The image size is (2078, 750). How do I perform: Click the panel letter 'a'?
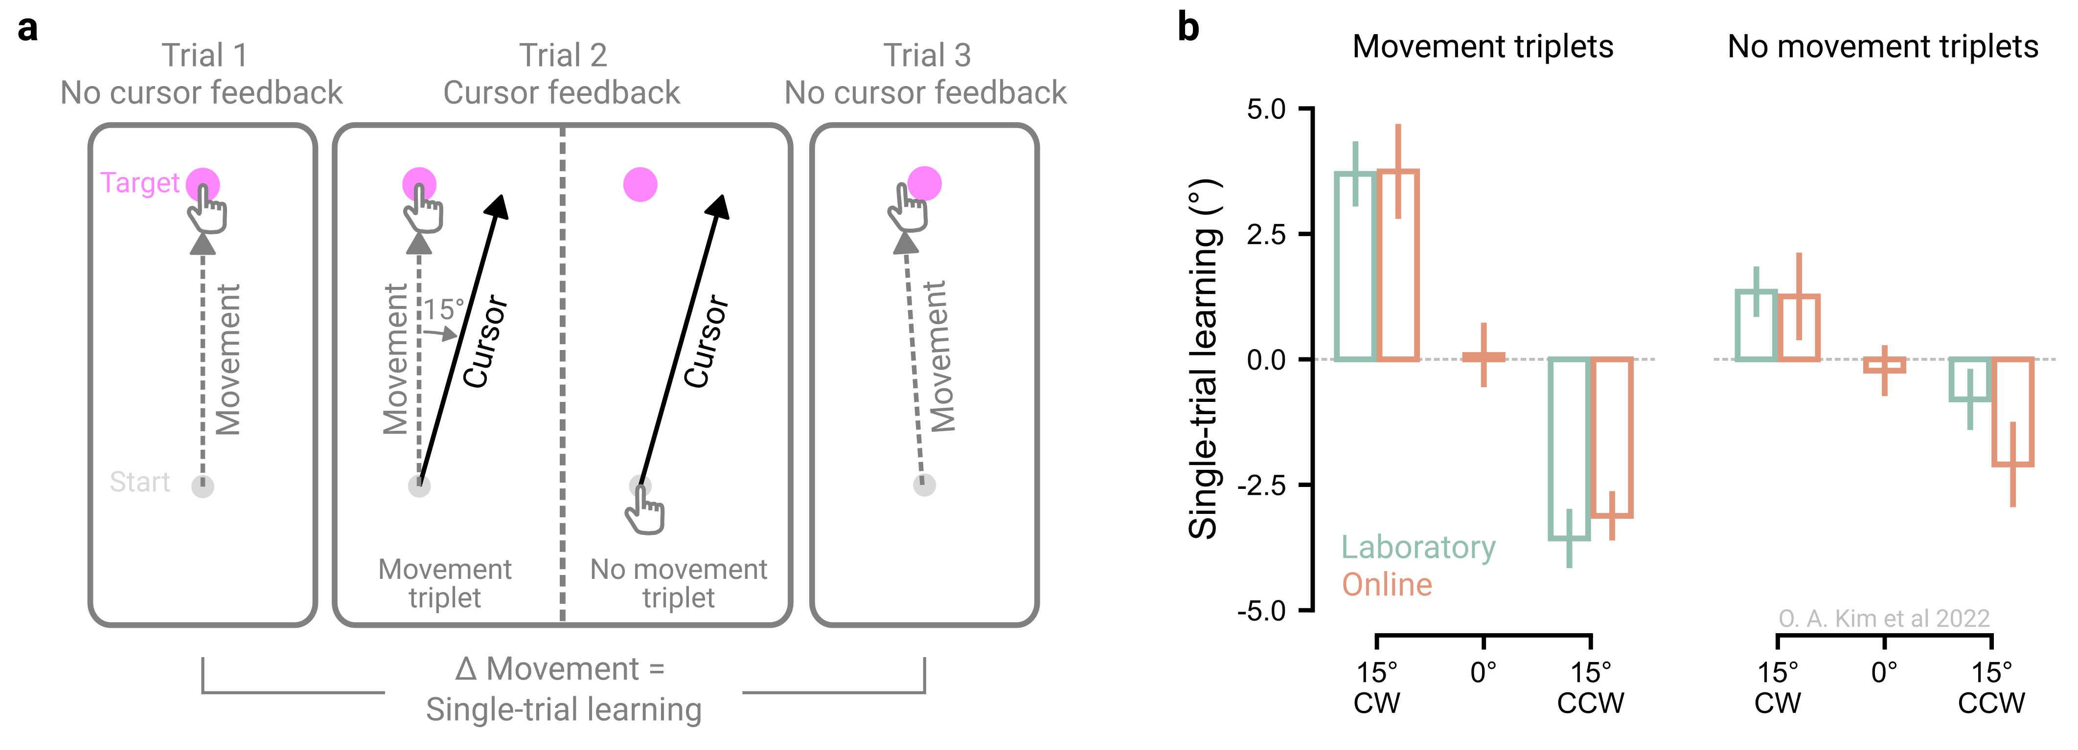[x=27, y=29]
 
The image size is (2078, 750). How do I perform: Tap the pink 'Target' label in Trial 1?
[x=139, y=183]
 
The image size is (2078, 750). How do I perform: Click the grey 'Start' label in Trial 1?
[x=139, y=482]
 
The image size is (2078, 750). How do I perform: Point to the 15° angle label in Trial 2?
[x=444, y=309]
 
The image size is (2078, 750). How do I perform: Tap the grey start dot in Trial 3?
[x=924, y=485]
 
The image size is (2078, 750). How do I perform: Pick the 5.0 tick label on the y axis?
[x=1266, y=109]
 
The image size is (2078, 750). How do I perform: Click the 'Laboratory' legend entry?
[x=1418, y=548]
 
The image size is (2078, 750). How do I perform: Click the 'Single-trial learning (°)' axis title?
[x=1204, y=359]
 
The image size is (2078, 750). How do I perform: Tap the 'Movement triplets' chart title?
[x=1483, y=47]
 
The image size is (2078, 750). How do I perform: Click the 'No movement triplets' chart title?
[x=1883, y=47]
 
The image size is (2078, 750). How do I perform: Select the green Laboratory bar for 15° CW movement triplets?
[x=1356, y=266]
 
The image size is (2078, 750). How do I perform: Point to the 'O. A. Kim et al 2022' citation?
[x=1884, y=618]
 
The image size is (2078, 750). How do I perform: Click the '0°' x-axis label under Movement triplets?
[x=1484, y=672]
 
